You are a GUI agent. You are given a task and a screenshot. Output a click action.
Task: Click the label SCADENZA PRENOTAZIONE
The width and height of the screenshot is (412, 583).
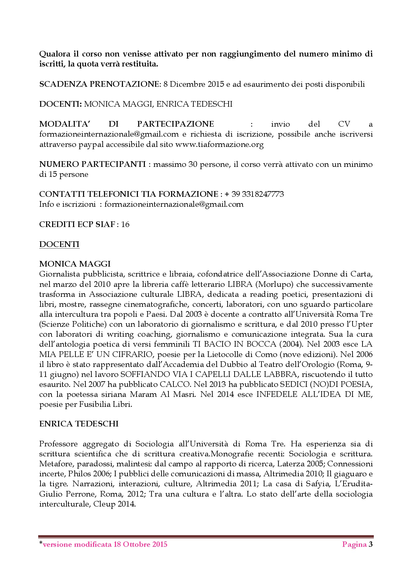[99, 84]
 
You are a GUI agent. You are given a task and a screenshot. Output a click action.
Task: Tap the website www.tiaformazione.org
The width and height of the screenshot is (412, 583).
[219, 145]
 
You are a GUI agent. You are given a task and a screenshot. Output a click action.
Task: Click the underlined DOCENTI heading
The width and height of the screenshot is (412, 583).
[59, 244]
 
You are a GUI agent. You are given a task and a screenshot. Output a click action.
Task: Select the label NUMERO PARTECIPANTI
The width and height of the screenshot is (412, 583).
[92, 164]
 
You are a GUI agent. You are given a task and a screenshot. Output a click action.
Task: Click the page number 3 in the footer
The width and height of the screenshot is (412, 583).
[370, 544]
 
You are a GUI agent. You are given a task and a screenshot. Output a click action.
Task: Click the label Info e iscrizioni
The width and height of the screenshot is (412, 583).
[67, 204]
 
